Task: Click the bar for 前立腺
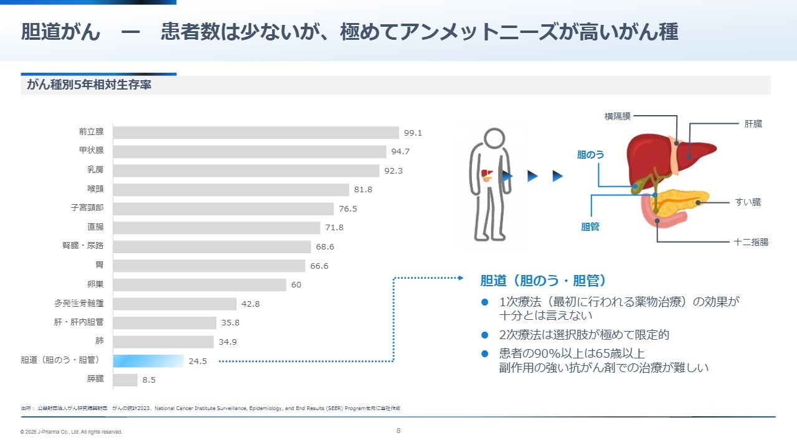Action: [256, 133]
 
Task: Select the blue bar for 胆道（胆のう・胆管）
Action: [148, 361]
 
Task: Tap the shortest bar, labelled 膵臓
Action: [125, 380]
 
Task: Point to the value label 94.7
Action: [400, 151]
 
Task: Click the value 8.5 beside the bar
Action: [149, 380]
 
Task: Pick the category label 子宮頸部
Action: [87, 208]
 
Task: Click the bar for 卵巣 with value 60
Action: [200, 284]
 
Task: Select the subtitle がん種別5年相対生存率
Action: [89, 85]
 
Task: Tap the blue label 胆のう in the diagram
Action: [590, 154]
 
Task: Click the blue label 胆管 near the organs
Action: [590, 227]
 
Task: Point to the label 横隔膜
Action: [617, 116]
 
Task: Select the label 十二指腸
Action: [751, 242]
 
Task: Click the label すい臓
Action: [747, 202]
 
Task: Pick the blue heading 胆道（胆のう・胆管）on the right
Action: [543, 280]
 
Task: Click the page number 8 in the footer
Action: [398, 431]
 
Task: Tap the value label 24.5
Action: [197, 361]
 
